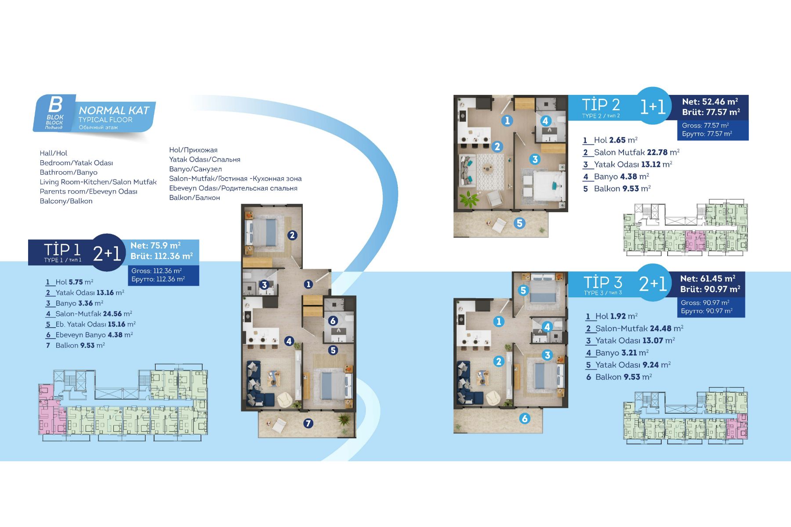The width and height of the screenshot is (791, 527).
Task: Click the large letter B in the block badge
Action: pos(55,105)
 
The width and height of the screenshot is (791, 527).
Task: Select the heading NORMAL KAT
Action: pos(114,110)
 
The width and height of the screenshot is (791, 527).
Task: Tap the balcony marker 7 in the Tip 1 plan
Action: pos(308,423)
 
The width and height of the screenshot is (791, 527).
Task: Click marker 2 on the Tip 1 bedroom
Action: pos(292,235)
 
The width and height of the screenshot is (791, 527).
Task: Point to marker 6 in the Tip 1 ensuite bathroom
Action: pos(333,321)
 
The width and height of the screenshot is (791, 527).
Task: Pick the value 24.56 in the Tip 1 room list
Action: pos(112,314)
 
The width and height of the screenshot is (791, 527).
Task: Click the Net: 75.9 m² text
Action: pos(156,245)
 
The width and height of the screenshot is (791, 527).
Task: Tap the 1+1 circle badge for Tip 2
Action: pos(653,106)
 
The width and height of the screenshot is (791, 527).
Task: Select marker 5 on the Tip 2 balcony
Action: pos(520,223)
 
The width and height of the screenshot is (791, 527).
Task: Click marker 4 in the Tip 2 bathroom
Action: pos(545,121)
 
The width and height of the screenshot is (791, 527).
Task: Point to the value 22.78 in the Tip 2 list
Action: pos(657,152)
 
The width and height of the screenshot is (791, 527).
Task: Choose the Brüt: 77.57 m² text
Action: pos(711,112)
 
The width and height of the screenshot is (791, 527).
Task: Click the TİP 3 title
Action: pos(602,282)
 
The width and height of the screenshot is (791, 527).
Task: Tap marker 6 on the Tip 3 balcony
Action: pos(525,419)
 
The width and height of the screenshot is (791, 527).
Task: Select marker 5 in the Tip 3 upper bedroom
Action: pos(523,290)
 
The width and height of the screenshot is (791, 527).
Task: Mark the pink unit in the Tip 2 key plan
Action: pos(695,241)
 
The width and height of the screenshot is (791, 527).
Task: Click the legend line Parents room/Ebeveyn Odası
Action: pos(88,191)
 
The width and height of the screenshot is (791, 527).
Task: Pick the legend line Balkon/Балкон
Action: pos(195,198)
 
